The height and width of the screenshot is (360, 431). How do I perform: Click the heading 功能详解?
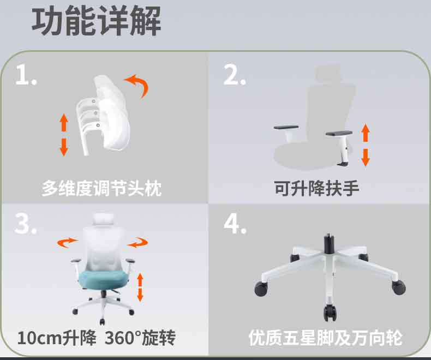click(96, 21)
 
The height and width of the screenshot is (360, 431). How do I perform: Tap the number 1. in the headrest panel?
click(26, 75)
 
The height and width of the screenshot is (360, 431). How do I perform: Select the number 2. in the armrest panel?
click(234, 75)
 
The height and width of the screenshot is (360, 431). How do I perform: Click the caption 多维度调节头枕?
click(101, 189)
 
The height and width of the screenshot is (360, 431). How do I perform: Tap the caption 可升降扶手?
click(316, 189)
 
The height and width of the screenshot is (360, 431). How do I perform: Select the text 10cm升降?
click(57, 338)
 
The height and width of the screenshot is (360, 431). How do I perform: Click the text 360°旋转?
click(140, 338)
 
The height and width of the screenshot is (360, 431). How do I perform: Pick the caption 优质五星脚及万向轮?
click(326, 338)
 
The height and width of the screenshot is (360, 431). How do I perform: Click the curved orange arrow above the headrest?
click(138, 84)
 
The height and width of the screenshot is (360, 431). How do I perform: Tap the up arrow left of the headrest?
click(64, 123)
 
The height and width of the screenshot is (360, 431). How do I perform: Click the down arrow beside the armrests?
click(366, 158)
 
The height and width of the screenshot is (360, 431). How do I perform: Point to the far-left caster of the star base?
click(261, 289)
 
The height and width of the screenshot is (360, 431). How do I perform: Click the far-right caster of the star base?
click(399, 287)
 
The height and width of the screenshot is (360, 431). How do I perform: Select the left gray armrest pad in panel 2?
click(286, 128)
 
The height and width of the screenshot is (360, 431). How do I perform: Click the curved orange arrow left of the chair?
click(67, 242)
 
